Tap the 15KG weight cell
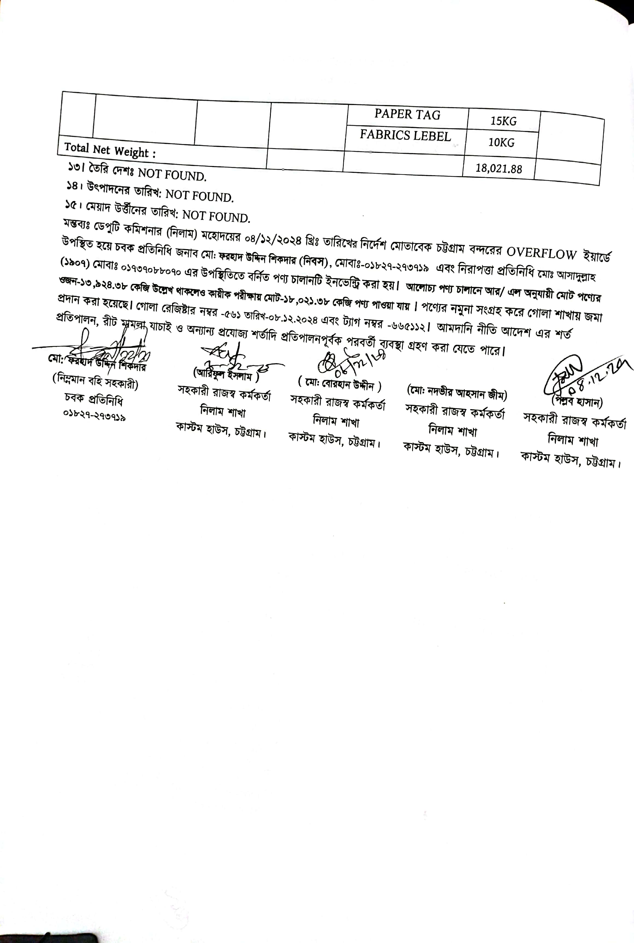click(503, 121)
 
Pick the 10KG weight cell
click(501, 142)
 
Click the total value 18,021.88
click(498, 168)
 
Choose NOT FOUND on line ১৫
click(216, 216)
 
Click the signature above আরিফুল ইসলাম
click(227, 357)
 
